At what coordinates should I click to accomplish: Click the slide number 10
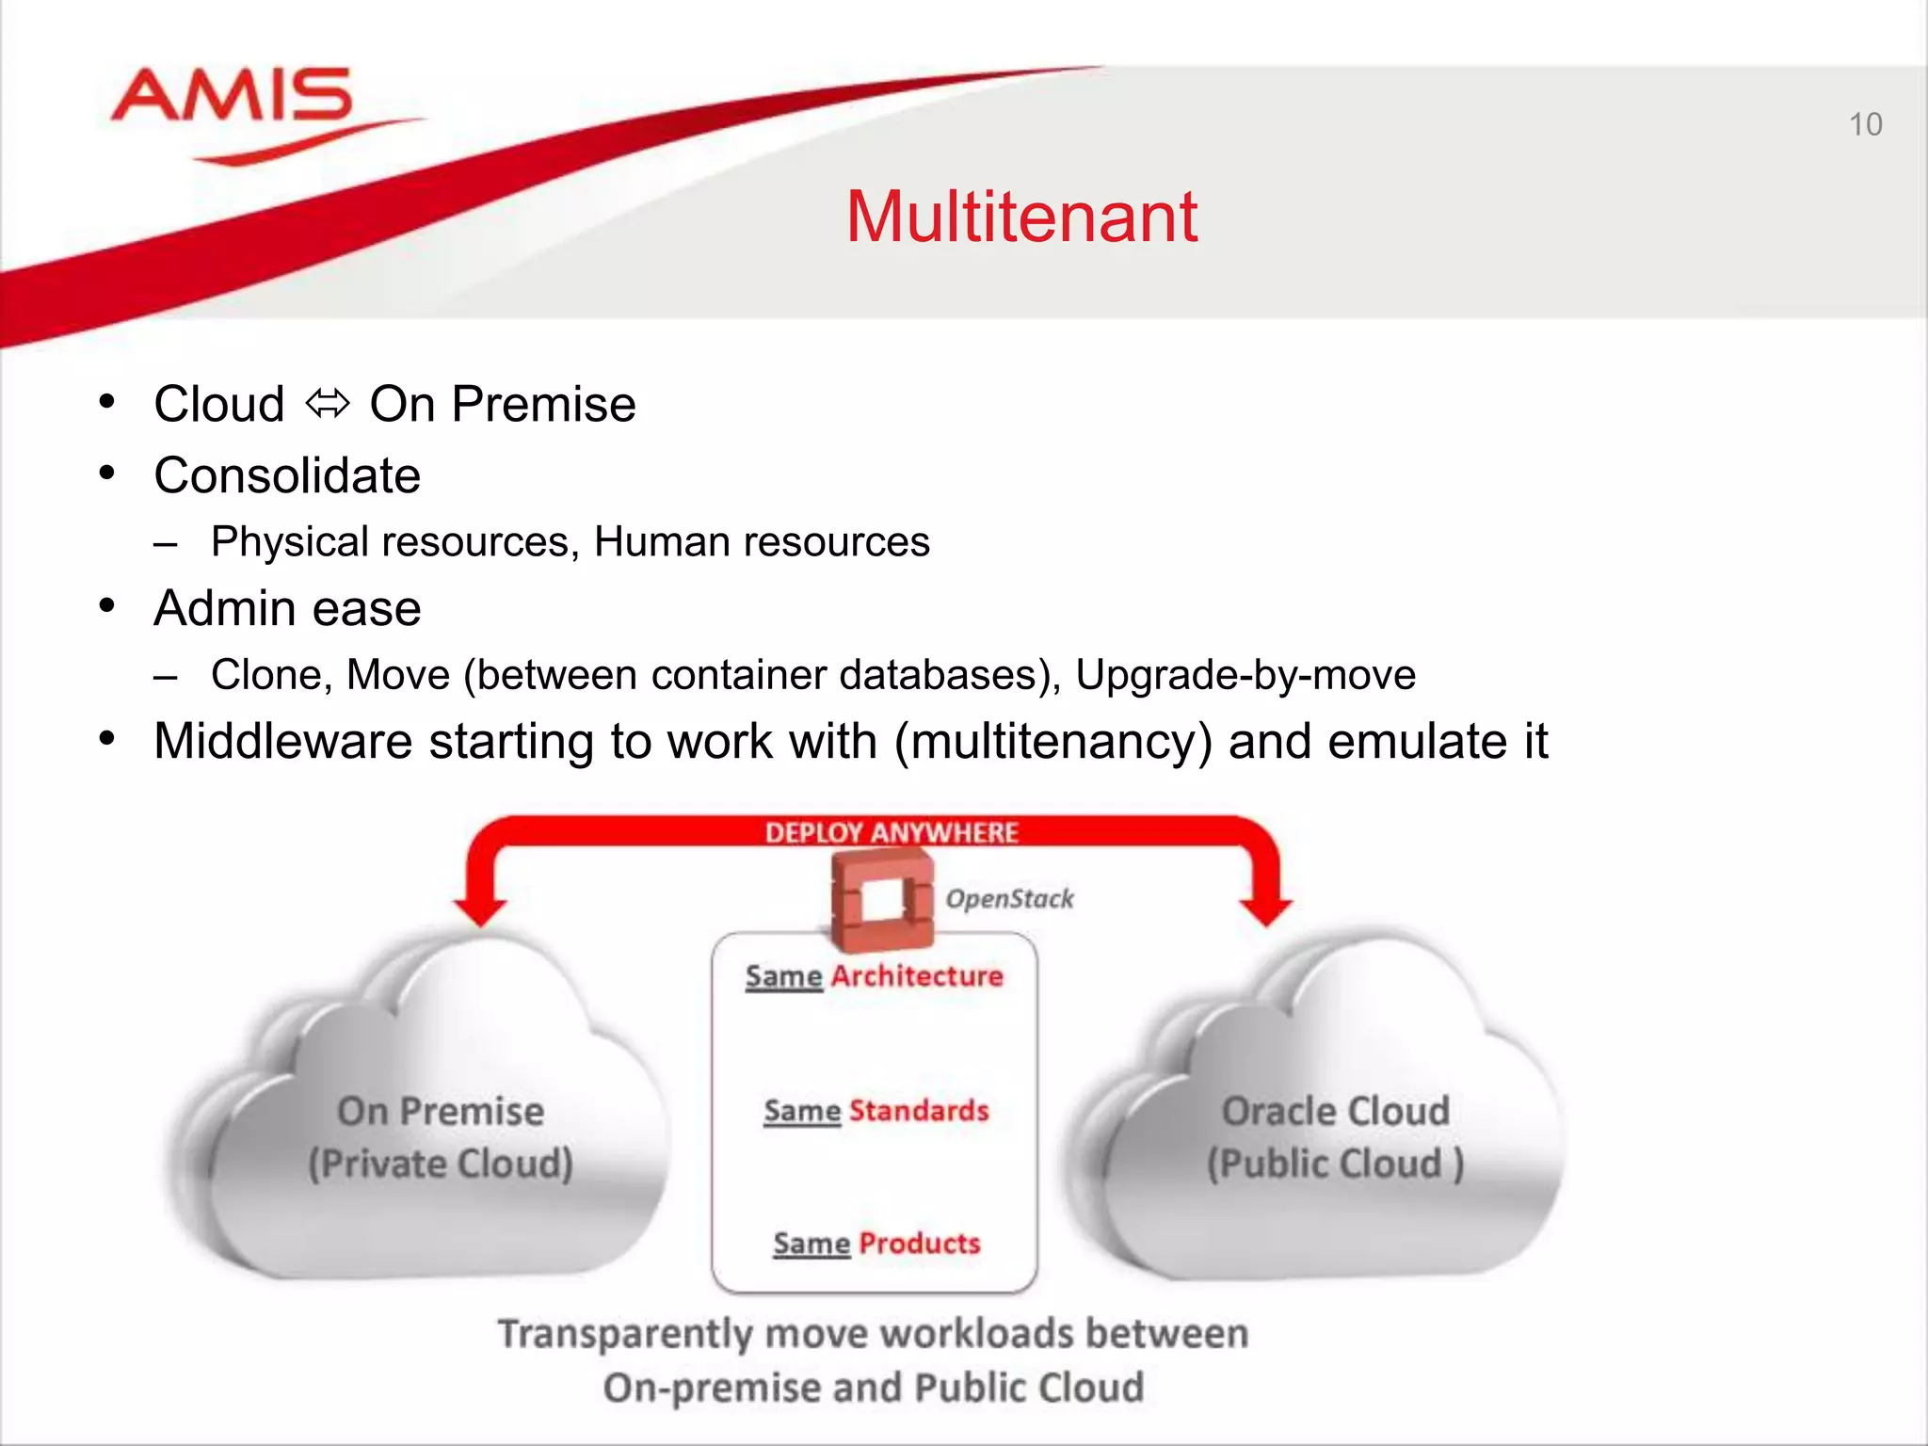[1865, 124]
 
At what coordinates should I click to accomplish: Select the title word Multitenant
[1021, 217]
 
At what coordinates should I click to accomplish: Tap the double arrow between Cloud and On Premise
[328, 405]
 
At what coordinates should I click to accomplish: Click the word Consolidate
[287, 475]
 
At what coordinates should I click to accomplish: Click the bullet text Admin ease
[287, 608]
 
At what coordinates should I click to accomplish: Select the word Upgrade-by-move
[1245, 675]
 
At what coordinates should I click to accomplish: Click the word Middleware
[282, 741]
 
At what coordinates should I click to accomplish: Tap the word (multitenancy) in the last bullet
[1052, 742]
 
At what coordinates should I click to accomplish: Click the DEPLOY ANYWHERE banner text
[891, 832]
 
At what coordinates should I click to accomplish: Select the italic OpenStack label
[1009, 899]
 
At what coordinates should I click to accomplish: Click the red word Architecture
[917, 976]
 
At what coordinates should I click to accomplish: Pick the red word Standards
[919, 1111]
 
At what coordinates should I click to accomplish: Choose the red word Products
[919, 1244]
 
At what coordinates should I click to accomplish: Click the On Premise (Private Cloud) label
[441, 1137]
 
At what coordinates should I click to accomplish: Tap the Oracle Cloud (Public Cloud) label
[1335, 1137]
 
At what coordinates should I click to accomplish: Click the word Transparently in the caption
[625, 1334]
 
